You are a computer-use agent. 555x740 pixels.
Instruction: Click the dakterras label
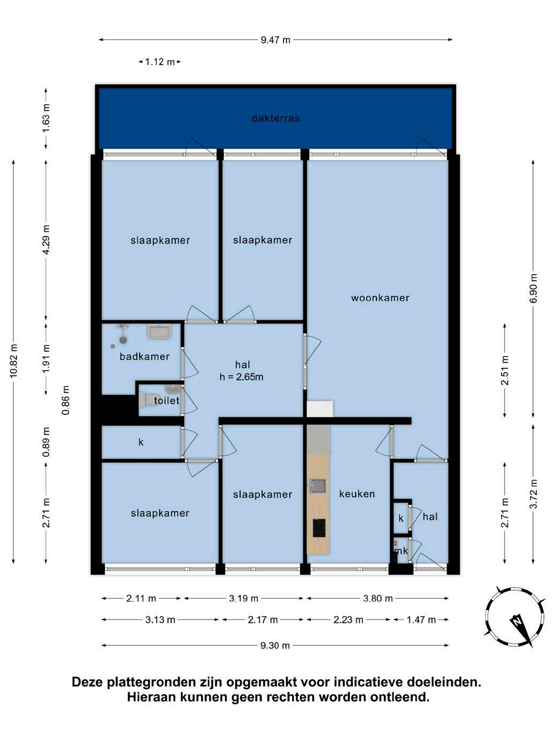[276, 118]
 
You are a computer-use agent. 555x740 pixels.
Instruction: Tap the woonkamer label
[380, 298]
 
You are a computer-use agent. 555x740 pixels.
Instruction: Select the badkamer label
[144, 356]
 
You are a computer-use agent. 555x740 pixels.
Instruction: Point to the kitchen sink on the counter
[318, 486]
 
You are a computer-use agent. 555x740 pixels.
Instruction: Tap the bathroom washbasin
[159, 332]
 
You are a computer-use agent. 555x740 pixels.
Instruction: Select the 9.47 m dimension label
[275, 40]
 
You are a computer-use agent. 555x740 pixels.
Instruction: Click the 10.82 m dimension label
[13, 361]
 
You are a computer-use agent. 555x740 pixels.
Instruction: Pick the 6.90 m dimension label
[533, 289]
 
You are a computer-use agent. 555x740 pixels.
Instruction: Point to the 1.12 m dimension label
[160, 61]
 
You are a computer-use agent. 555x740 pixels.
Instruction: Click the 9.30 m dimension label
[275, 645]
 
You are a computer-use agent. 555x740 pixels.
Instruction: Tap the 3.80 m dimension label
[377, 598]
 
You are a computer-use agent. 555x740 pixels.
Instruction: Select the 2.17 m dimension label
[263, 620]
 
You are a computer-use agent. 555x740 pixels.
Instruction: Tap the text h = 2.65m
[241, 376]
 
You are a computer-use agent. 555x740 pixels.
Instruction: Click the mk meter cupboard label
[402, 551]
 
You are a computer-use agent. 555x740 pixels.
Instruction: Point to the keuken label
[357, 494]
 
